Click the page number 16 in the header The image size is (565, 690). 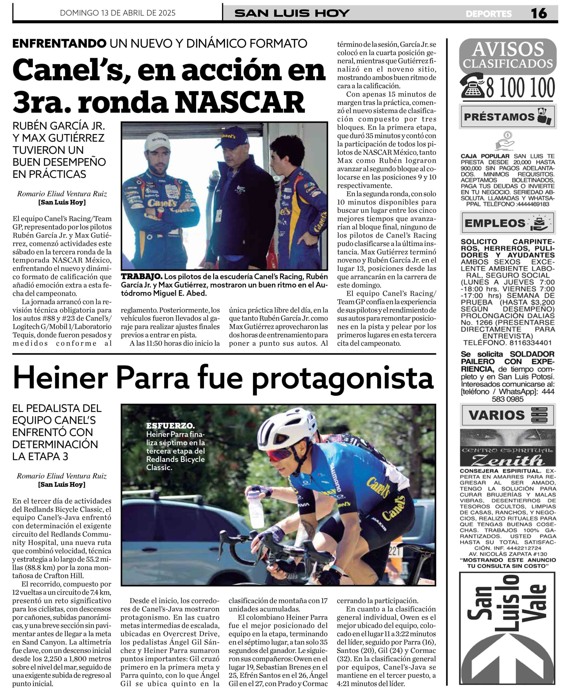(539, 13)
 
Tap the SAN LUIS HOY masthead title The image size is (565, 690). (292, 13)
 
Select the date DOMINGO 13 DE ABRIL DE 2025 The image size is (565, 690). (118, 13)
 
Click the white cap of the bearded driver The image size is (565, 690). (157, 142)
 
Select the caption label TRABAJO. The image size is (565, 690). (141, 277)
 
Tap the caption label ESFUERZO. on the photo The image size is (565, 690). (170, 426)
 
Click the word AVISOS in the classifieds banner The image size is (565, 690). (508, 49)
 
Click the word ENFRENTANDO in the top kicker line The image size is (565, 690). (59, 43)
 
